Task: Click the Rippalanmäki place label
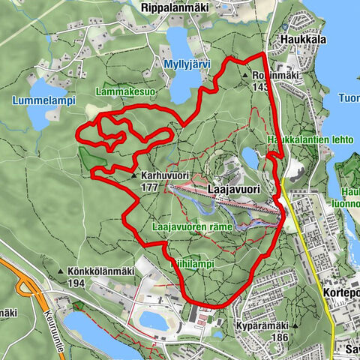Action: click(x=172, y=6)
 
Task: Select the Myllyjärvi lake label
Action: click(x=186, y=65)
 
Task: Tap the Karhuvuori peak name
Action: click(x=163, y=175)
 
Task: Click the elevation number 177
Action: click(x=148, y=186)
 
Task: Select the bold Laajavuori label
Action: click(x=235, y=190)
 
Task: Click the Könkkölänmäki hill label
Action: click(x=97, y=271)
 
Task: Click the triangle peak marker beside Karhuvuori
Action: click(x=134, y=175)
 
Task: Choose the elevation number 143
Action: click(x=261, y=87)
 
